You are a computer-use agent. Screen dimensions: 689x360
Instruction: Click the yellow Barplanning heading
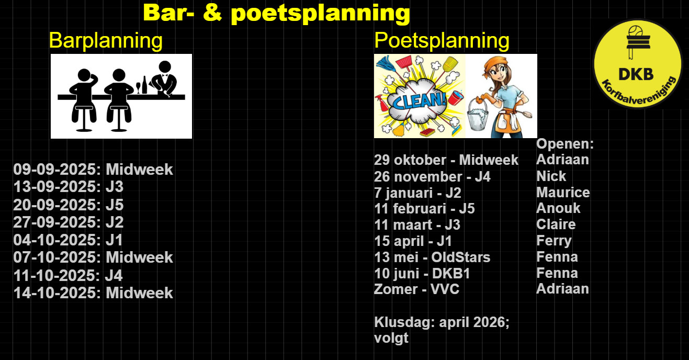coord(106,41)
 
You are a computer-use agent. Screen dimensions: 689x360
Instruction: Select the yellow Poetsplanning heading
coord(442,41)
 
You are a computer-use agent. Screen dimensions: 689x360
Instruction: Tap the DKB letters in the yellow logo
coord(636,74)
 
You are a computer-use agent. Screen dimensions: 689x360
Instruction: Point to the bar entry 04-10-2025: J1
coord(68,240)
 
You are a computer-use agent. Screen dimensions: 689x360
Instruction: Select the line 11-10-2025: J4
coord(68,275)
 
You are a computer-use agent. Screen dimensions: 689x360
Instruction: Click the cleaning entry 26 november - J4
coord(432,177)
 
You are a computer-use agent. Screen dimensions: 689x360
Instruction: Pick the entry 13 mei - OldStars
coord(432,257)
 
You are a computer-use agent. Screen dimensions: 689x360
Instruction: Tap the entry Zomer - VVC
coord(416,289)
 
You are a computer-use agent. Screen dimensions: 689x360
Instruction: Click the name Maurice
coord(563,193)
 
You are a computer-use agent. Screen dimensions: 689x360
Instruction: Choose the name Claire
coord(556,224)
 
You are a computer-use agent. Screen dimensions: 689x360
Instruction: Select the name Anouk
coord(558,208)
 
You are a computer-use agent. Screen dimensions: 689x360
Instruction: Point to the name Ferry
coord(554,241)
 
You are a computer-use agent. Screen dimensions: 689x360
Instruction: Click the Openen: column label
coord(565,144)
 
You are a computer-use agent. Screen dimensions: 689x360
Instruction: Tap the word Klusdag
coord(404,322)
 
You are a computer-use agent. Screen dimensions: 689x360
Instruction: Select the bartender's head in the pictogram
coord(165,67)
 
